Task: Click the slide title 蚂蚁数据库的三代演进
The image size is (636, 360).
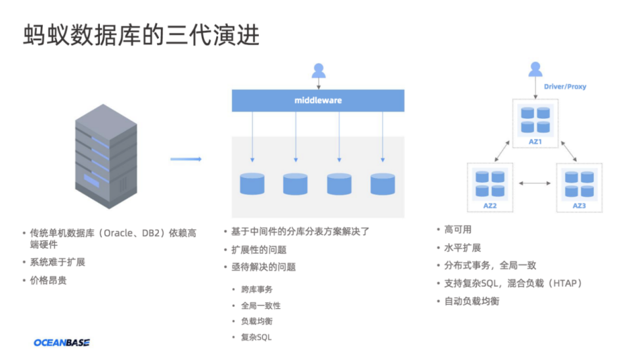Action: pos(141,35)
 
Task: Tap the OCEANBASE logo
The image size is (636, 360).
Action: pos(62,342)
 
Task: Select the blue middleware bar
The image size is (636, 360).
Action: pos(318,101)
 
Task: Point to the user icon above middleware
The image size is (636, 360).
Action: pos(319,70)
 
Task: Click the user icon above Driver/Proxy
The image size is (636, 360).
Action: pos(535,68)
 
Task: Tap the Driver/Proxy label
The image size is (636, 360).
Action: pos(565,87)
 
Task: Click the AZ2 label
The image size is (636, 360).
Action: pos(489,206)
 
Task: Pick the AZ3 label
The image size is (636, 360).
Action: pos(579,206)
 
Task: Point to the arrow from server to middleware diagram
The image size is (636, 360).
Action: pos(185,159)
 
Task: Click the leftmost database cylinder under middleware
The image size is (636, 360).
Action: pos(252,183)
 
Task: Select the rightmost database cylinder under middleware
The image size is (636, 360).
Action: pos(382,183)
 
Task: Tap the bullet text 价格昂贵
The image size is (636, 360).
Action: pos(49,280)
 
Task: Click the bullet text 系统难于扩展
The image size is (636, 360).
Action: pos(58,261)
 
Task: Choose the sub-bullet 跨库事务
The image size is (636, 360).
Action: pos(257,289)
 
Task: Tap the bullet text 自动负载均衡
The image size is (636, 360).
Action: pos(472,301)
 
